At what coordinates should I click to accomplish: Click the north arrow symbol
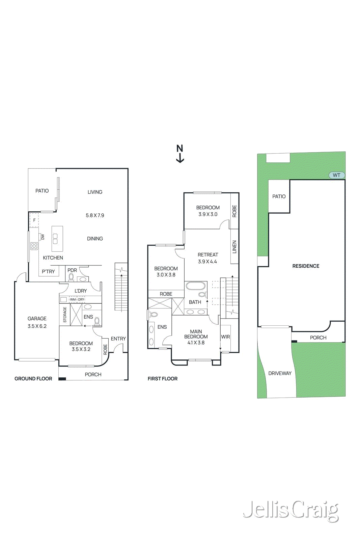coord(180,154)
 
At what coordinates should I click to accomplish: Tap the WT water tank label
coord(336,175)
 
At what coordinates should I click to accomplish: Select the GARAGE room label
coord(37,318)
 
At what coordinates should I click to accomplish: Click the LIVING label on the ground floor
coord(95,192)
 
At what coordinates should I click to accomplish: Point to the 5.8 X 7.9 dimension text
coord(95,215)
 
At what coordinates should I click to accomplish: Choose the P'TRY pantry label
coord(48,271)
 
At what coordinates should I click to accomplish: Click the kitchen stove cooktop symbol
coord(34,246)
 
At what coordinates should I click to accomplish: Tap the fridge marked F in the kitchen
coord(34,220)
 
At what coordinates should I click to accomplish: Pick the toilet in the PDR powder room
coord(71,277)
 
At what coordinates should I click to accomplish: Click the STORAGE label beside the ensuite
coord(65,315)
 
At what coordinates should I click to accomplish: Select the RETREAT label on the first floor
coord(208,255)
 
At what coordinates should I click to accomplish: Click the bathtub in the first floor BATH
coord(196,286)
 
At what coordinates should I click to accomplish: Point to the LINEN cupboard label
coord(234,247)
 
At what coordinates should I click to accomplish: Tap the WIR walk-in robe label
coord(225,337)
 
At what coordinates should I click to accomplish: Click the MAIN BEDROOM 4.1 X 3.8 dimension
coord(196,343)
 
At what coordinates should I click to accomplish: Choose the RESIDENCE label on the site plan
coord(306,266)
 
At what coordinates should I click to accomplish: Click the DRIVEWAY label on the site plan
coord(280,373)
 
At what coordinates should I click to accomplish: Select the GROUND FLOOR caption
coord(33,379)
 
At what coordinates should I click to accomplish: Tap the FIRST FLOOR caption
coord(163,379)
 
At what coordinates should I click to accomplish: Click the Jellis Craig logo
coord(291,510)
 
